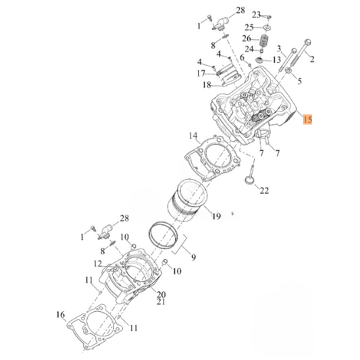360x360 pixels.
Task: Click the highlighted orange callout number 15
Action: (307, 121)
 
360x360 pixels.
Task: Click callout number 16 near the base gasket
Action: (60, 315)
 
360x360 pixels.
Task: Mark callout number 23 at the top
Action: (256, 14)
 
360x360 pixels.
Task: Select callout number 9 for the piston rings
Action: (194, 257)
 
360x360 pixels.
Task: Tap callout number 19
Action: (215, 217)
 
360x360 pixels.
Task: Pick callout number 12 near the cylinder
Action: (98, 263)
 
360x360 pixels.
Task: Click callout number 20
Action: (161, 294)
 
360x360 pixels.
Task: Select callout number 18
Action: (207, 85)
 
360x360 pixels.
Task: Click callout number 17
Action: (201, 73)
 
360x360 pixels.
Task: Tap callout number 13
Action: (276, 59)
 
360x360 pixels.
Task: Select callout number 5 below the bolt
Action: (300, 81)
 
